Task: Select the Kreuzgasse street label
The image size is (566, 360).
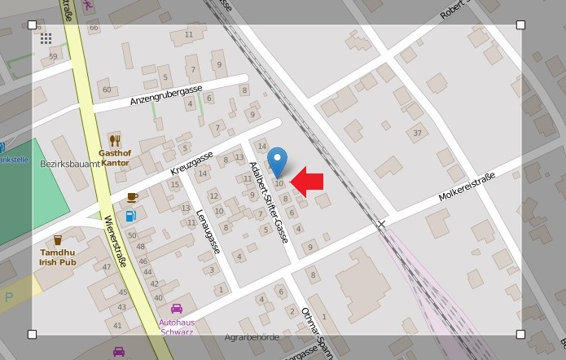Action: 191,163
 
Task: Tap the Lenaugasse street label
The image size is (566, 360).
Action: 208,231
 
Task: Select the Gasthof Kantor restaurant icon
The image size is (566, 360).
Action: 115,140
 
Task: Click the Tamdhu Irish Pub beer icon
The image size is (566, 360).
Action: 58,239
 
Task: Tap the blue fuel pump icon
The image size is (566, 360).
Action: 130,217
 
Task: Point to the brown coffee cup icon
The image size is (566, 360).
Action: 132,197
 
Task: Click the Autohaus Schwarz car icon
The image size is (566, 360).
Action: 176,309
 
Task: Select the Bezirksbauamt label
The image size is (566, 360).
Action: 69,164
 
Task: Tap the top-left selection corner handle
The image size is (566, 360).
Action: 33,24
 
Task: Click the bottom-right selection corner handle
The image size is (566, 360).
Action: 520,334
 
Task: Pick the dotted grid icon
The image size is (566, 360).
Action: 46,38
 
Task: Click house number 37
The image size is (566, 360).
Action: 418,133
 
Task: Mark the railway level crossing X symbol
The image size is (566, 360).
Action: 381,223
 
